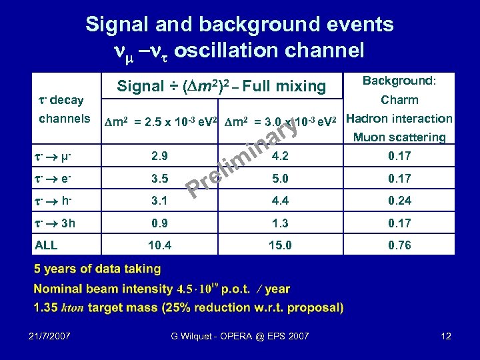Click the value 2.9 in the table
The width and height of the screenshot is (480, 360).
[x=160, y=156]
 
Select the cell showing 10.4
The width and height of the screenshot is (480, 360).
[x=160, y=245]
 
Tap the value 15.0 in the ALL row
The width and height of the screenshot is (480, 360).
[x=280, y=245]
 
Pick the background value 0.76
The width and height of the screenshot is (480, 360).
[x=400, y=245]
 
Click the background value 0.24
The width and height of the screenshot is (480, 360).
[x=400, y=201]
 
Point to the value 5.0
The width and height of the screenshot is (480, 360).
[x=280, y=179]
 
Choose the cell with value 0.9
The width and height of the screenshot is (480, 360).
[x=160, y=223]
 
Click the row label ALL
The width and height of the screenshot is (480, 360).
[x=46, y=245]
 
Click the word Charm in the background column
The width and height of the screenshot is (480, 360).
[x=399, y=100]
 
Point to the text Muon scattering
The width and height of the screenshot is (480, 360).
[x=399, y=137]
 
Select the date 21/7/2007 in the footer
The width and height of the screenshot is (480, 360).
[x=51, y=336]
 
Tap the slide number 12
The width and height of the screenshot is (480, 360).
[x=446, y=336]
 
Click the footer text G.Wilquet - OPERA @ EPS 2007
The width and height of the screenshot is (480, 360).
[x=239, y=336]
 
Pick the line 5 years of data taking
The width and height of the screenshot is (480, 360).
[x=97, y=269]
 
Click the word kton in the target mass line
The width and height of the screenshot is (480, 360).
[x=72, y=308]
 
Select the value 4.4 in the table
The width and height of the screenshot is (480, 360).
[x=280, y=201]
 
